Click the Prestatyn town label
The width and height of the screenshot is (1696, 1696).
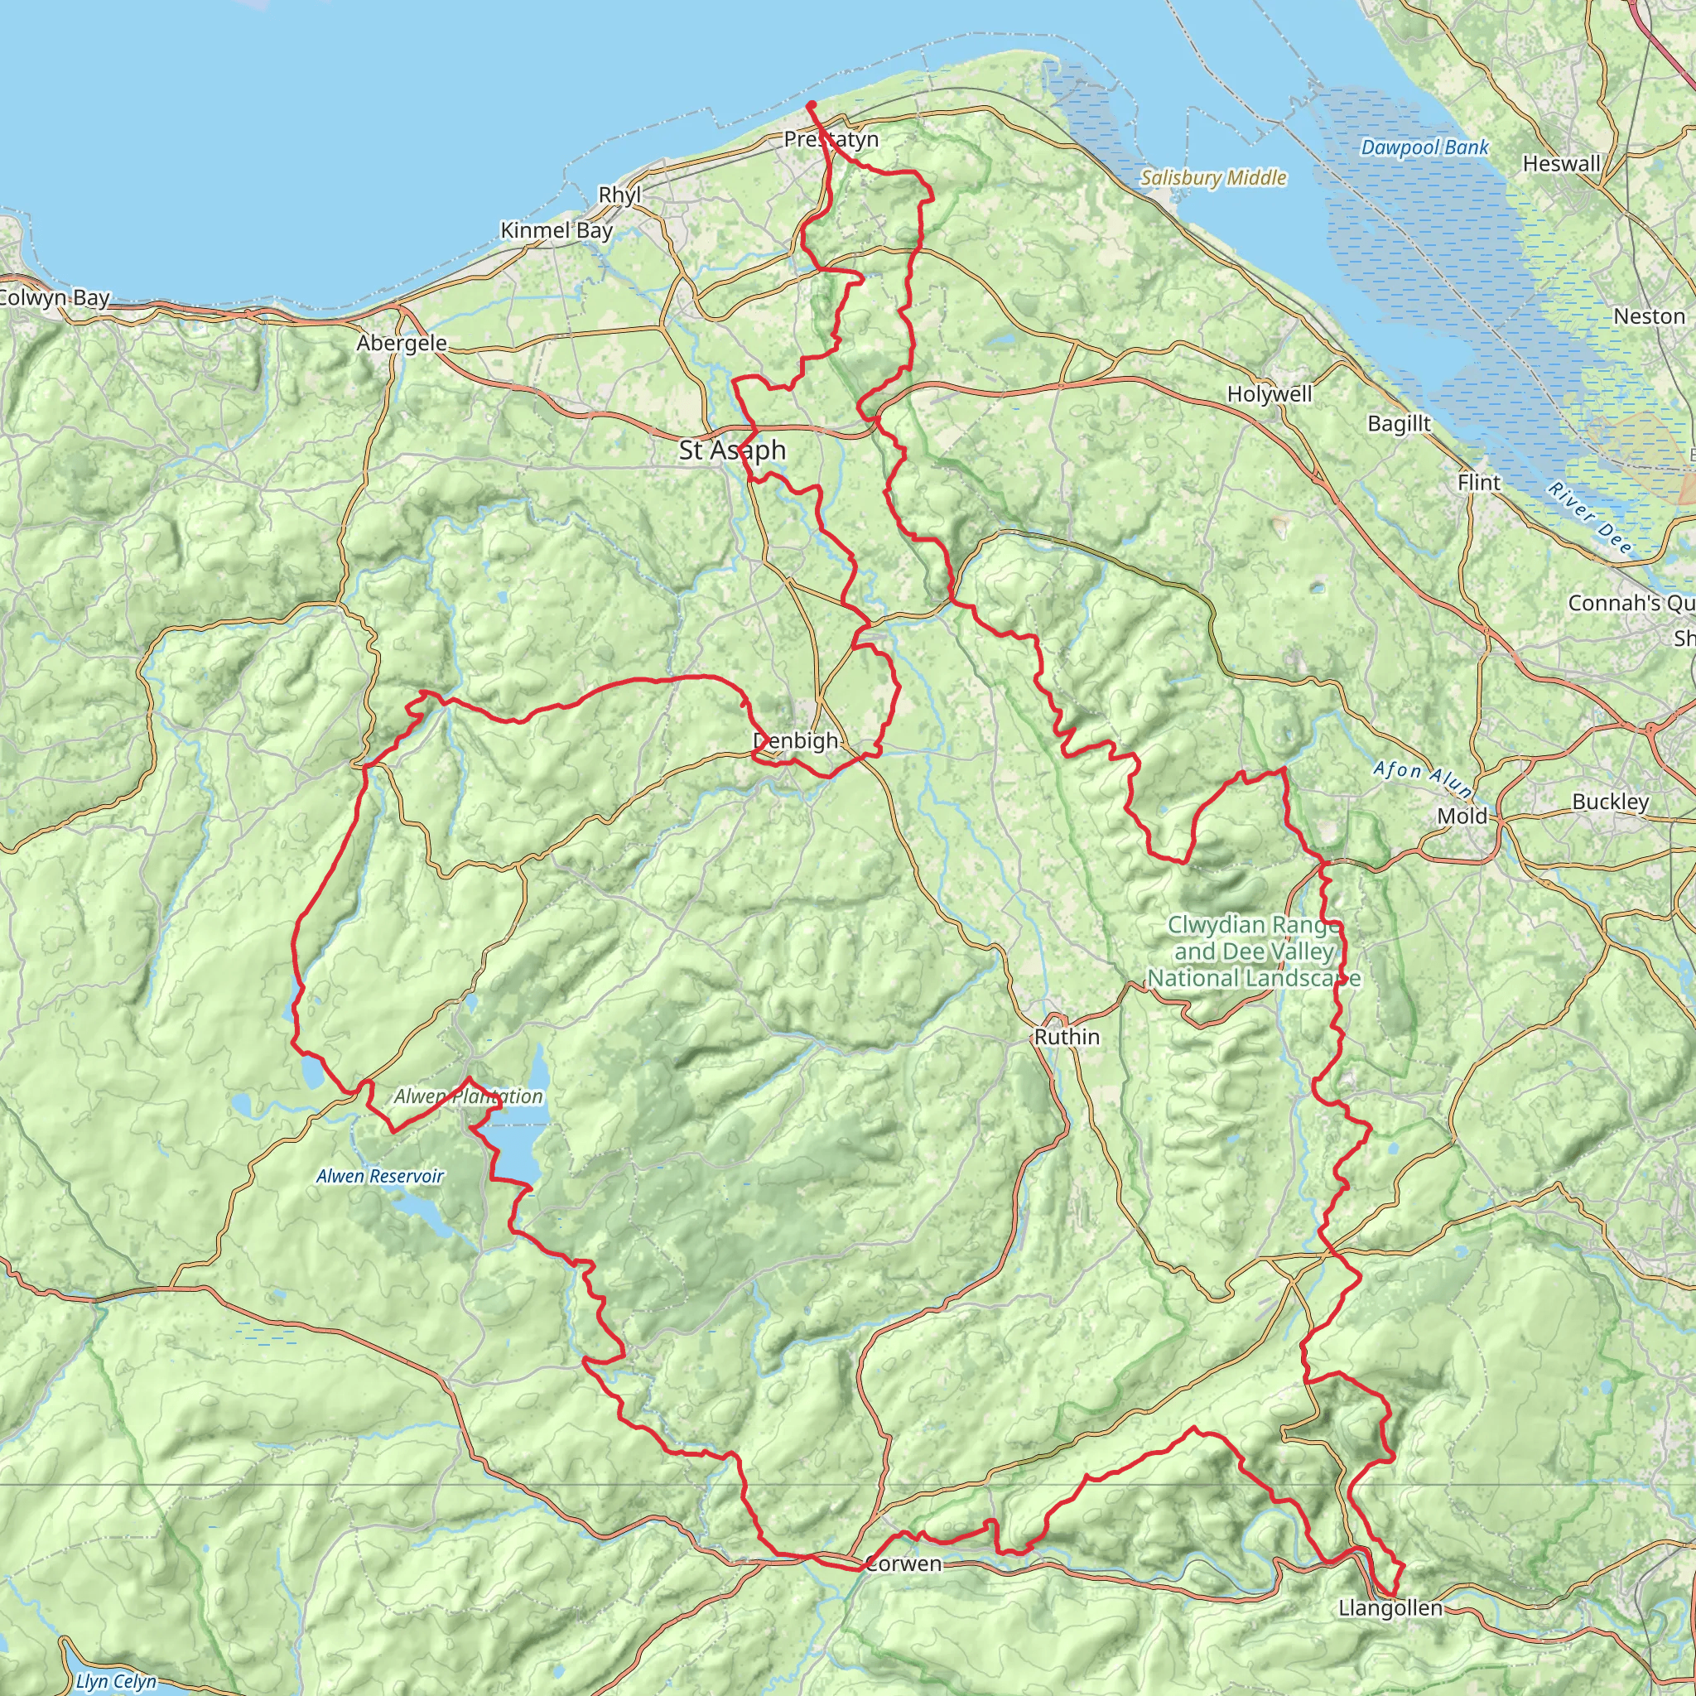pos(831,140)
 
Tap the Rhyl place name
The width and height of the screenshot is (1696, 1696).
pos(619,195)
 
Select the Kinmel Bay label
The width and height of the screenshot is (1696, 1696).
pos(556,231)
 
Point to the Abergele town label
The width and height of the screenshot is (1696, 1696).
pos(402,343)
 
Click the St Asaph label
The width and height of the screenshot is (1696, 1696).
pos(732,450)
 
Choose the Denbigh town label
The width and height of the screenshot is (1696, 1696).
pos(795,741)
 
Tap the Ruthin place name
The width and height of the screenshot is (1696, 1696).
pos(1067,1037)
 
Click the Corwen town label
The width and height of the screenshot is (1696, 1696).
pos(903,1563)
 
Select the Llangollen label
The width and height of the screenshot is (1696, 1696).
pos(1390,1608)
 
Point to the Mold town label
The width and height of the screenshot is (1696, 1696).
pos(1462,817)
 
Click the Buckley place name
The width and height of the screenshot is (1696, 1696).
pos(1610,802)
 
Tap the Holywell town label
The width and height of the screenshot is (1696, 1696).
pos(1270,394)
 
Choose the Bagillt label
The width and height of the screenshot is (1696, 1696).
pos(1400,424)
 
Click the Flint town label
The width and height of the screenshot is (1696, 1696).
pos(1479,482)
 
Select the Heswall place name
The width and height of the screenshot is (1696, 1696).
pos(1562,164)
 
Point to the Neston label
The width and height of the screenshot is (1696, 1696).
pos(1649,316)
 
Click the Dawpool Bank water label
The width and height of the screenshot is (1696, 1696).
pos(1424,147)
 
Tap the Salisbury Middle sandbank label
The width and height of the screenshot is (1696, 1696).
pos(1213,178)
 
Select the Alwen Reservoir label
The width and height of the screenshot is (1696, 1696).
pos(380,1176)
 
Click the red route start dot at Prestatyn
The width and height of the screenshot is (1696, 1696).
pos(811,105)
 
